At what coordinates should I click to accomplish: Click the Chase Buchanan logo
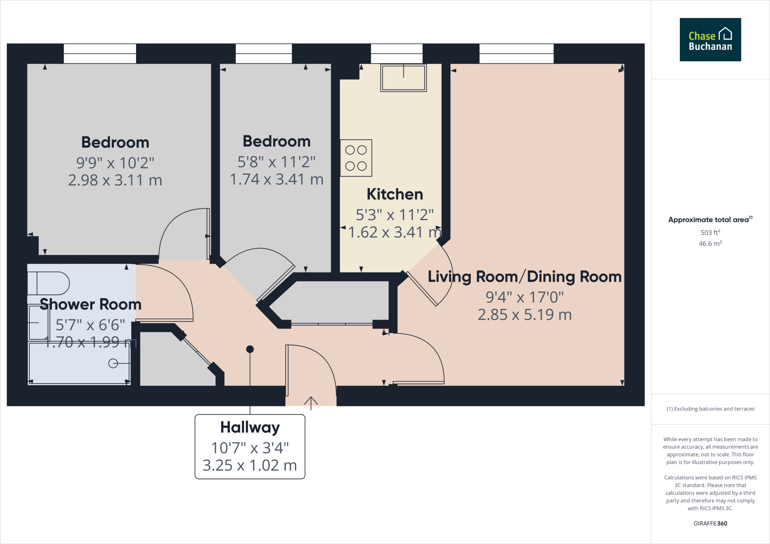pos(710,40)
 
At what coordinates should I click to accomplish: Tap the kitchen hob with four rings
pos(356,158)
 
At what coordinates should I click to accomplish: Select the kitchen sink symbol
pos(403,78)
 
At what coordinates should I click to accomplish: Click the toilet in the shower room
pos(48,283)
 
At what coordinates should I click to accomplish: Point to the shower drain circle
pos(113,363)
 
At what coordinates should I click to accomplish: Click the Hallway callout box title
pos(250,428)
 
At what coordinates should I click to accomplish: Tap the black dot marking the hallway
pos(250,349)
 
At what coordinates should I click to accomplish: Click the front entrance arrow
pos(311,402)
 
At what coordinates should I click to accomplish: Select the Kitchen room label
pos(395,194)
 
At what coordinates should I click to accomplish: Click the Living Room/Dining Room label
pos(524,277)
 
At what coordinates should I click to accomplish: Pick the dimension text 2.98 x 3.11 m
pos(115,180)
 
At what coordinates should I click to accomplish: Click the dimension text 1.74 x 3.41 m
pos(276,180)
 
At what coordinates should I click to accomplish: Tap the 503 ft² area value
pos(710,233)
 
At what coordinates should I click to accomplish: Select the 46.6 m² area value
pos(710,243)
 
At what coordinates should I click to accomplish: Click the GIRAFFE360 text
pos(710,523)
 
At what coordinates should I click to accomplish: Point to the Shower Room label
pos(91,304)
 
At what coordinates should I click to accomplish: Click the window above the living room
pos(516,53)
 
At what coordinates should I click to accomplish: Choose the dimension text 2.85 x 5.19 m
pos(524,315)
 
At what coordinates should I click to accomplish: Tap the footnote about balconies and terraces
pos(710,409)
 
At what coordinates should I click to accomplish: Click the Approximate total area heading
pos(709,220)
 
